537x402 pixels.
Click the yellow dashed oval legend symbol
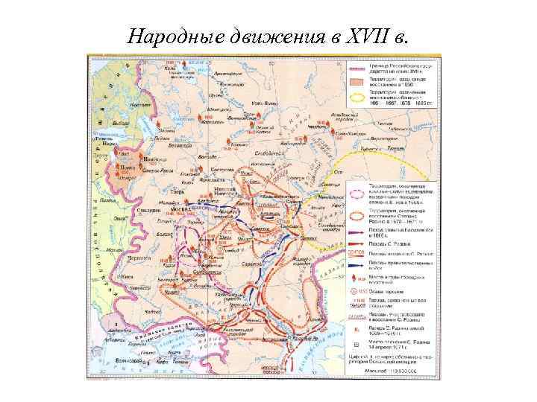[356, 96]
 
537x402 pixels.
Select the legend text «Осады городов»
[389, 291]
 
